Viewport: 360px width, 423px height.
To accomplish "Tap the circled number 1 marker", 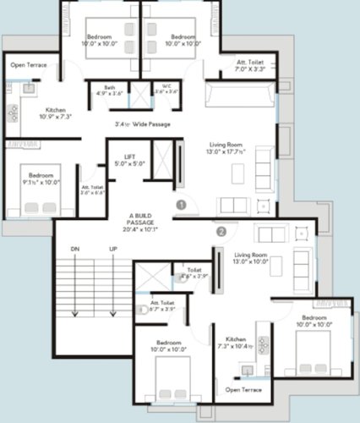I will pos(179,204).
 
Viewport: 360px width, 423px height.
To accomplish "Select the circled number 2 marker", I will pos(221,230).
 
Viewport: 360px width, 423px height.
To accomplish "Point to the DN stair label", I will pos(74,249).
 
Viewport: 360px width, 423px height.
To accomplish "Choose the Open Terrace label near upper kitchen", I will pos(28,65).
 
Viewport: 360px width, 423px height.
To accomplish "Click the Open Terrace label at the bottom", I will pos(243,390).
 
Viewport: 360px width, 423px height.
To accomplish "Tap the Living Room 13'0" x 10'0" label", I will pos(252,258).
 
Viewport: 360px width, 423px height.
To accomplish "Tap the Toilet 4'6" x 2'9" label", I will pos(194,272).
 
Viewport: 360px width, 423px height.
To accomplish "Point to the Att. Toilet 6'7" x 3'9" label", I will pos(162,305).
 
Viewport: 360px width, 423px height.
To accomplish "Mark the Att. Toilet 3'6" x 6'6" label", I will pos(92,190).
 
